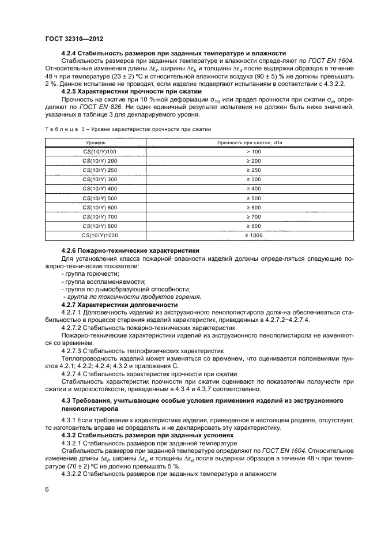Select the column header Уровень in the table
point(96,141)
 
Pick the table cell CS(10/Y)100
point(99,151)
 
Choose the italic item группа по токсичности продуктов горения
point(132,297)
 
